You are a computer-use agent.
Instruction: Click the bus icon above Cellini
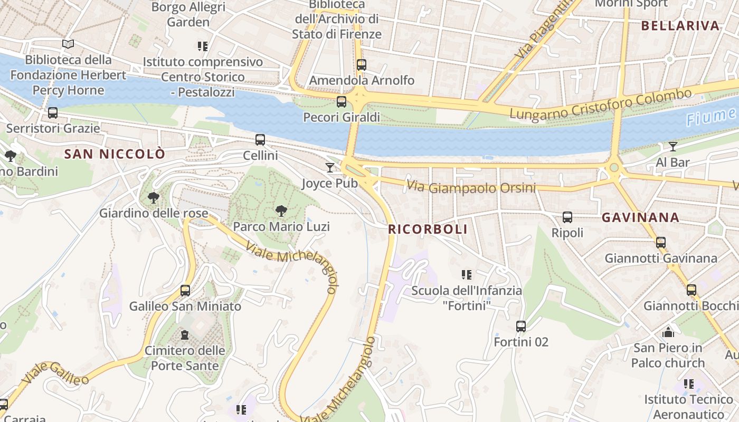(x=260, y=140)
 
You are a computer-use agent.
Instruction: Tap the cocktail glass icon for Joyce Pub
(x=330, y=168)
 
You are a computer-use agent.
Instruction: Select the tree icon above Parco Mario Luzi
(x=281, y=211)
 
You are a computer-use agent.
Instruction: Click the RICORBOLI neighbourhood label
(x=428, y=229)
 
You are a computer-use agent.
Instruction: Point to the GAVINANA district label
(x=640, y=217)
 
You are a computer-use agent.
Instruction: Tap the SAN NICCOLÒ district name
(x=115, y=154)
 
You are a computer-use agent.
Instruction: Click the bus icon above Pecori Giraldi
(x=342, y=102)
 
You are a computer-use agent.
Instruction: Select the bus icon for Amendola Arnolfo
(x=362, y=65)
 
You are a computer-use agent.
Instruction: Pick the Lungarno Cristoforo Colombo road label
(x=600, y=104)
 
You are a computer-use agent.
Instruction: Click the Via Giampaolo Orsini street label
(x=471, y=187)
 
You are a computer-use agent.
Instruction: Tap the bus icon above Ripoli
(x=567, y=217)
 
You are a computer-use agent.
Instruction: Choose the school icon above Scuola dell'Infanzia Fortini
(x=467, y=275)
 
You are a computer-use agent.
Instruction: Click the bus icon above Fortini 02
(x=521, y=327)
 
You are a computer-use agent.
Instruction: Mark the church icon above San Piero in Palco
(x=668, y=332)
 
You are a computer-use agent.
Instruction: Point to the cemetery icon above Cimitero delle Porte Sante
(x=185, y=335)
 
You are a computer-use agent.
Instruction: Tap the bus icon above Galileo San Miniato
(x=185, y=291)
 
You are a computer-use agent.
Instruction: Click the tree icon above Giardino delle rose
(x=154, y=198)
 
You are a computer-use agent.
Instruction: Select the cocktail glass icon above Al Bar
(x=672, y=147)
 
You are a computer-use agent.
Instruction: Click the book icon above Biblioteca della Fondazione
(x=68, y=44)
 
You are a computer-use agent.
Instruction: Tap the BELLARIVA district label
(x=680, y=25)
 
